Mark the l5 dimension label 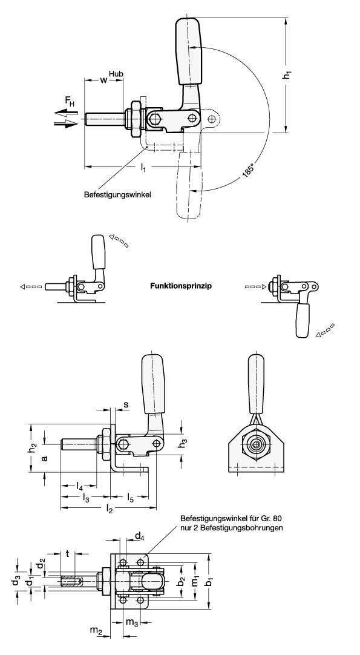click(131, 497)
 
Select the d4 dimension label click(139, 536)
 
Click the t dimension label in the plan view click(67, 553)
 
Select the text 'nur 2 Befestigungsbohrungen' click(232, 528)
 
